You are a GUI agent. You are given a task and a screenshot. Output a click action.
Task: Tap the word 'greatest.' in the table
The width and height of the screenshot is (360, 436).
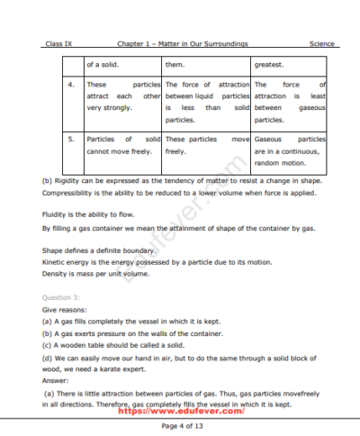tap(270, 64)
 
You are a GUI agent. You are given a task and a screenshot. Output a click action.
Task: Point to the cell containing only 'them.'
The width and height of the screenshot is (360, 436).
tap(175, 64)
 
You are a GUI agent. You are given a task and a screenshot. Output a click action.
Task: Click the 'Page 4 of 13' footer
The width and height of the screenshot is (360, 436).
tap(181, 424)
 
